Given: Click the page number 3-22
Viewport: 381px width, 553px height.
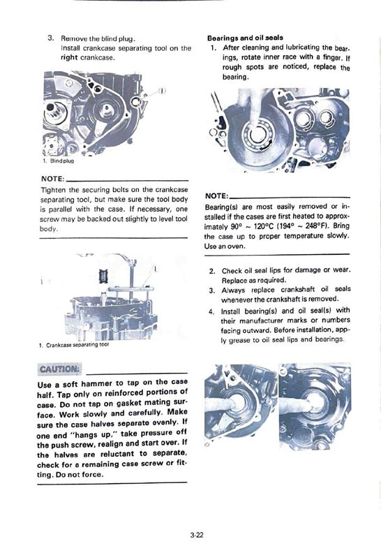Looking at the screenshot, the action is [x=197, y=535].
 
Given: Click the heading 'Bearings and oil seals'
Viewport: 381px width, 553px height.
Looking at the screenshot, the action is [x=246, y=38].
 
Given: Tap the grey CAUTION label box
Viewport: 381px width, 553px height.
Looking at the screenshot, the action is [x=59, y=369].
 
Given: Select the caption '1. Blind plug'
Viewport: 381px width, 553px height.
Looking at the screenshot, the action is [x=58, y=161].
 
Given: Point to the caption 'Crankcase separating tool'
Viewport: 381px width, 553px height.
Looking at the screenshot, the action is [x=78, y=345].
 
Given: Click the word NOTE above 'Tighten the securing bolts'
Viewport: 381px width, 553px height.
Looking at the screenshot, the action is [x=53, y=179].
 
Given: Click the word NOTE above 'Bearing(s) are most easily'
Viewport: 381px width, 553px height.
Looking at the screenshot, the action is [x=217, y=196].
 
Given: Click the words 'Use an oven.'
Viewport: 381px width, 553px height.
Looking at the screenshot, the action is [x=225, y=246].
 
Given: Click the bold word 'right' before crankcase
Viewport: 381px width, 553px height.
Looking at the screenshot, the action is [x=70, y=57].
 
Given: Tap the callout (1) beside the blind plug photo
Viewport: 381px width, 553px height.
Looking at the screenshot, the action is [x=162, y=91].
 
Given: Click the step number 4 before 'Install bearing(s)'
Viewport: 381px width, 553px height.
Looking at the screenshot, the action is [x=211, y=312].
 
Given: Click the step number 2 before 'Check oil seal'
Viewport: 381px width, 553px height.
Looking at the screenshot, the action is [x=212, y=271].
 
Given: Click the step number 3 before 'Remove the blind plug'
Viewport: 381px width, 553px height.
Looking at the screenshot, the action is [x=51, y=38].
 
